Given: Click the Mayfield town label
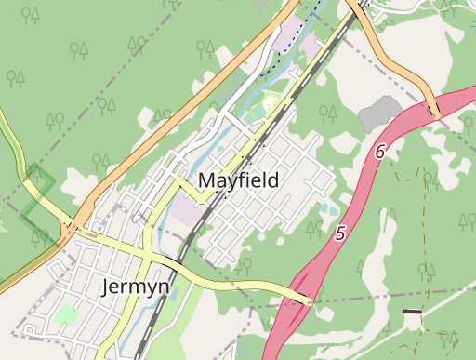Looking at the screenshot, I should click(238, 180).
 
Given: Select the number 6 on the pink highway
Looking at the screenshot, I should click(380, 150).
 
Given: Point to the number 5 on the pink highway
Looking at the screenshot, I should click(340, 234).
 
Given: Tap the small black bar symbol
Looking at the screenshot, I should click(411, 311).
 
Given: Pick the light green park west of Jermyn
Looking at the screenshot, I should click(65, 313).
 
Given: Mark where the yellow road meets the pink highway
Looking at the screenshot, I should click(308, 300).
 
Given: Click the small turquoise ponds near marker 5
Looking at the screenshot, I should click(324, 208).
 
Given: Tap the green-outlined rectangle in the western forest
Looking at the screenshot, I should click(37, 191).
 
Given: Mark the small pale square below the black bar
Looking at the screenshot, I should click(411, 321).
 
